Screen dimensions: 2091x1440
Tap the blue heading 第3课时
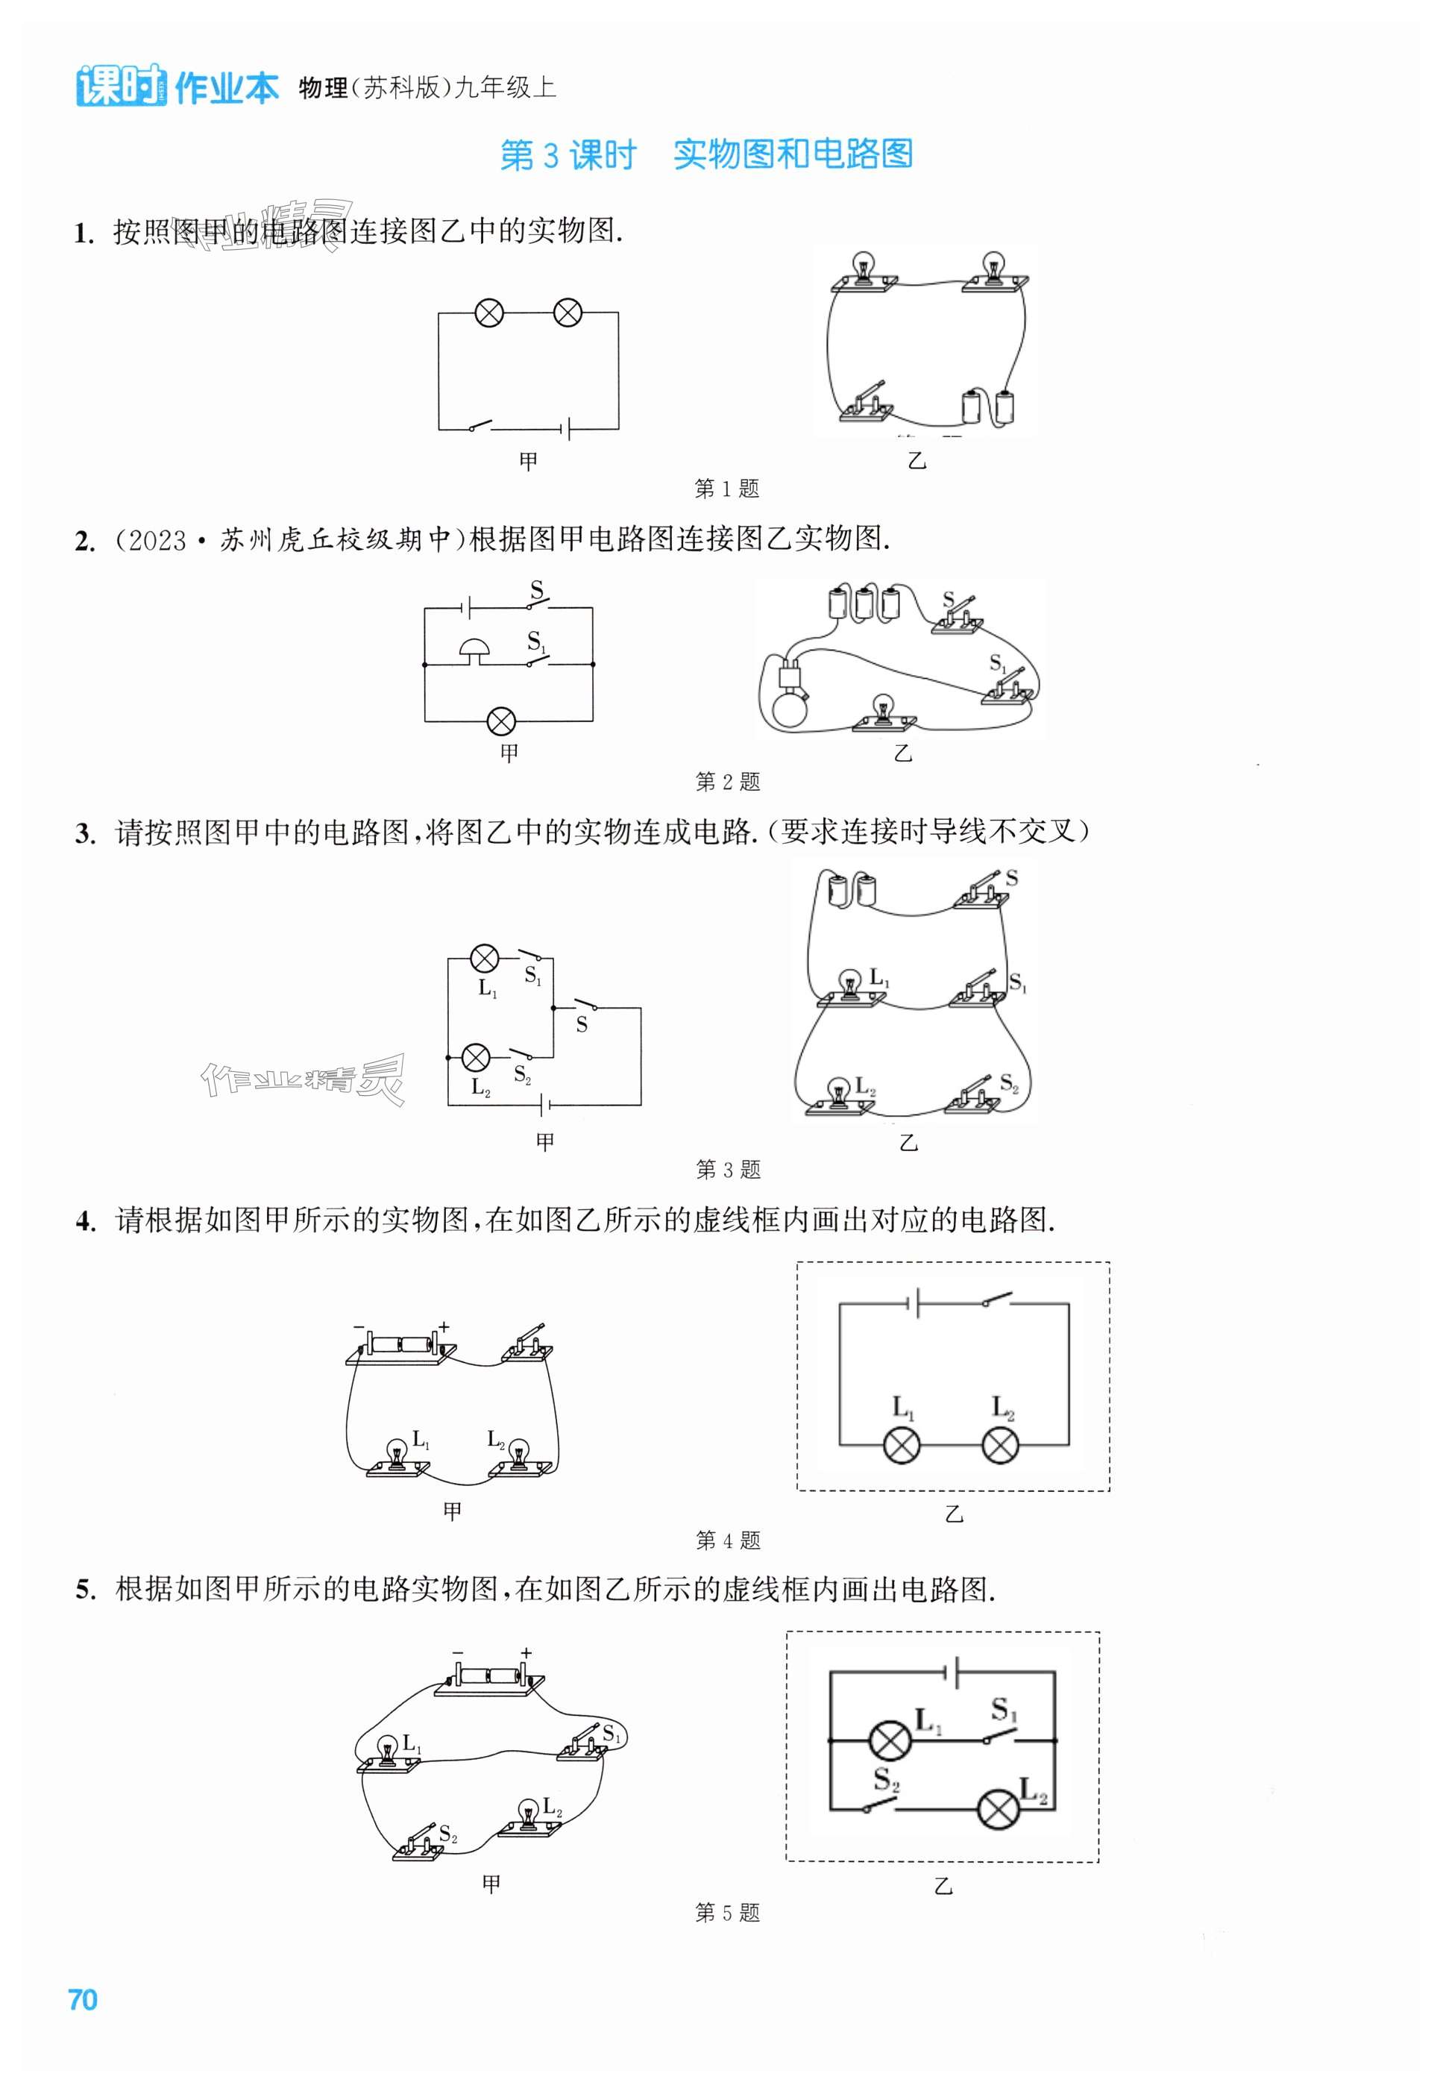click(x=567, y=155)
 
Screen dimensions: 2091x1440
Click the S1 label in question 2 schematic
click(x=537, y=642)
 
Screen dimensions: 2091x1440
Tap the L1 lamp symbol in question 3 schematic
click(x=485, y=959)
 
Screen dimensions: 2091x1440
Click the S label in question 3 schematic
click(x=582, y=1024)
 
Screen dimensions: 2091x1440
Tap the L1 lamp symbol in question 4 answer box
click(x=902, y=1446)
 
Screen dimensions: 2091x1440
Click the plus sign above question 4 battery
click(x=443, y=1326)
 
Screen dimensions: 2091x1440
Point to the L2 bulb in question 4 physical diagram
click(x=518, y=1457)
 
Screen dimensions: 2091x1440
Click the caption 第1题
click(x=727, y=488)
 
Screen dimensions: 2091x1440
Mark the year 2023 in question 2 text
click(x=158, y=541)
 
